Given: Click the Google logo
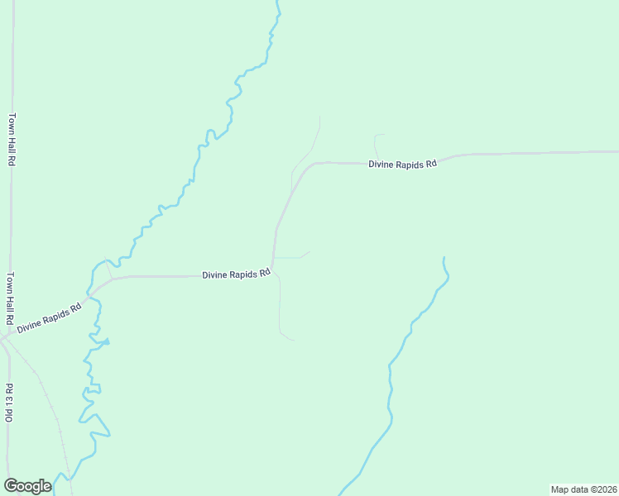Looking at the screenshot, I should [x=27, y=486].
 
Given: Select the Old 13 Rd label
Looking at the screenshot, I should [x=10, y=403].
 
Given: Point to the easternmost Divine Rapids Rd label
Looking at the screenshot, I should [x=402, y=165].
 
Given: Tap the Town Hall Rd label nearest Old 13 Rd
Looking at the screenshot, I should [x=11, y=298].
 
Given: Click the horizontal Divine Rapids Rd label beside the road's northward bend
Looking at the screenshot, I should [x=237, y=274].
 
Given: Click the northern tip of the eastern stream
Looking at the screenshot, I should [x=444, y=258].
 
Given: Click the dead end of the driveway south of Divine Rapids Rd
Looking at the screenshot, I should [x=293, y=340].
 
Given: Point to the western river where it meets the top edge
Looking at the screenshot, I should [x=278, y=2].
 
